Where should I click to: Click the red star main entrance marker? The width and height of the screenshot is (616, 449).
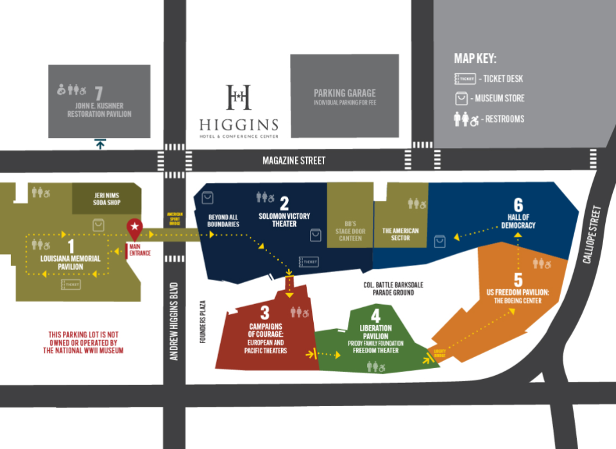pyautogui.click(x=135, y=226)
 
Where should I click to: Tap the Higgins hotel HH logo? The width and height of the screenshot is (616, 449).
pyautogui.click(x=238, y=97)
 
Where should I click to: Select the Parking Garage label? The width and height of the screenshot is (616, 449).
pyautogui.click(x=345, y=93)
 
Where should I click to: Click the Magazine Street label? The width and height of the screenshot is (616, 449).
pyautogui.click(x=295, y=160)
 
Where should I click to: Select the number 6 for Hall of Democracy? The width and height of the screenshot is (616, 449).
pyautogui.click(x=518, y=205)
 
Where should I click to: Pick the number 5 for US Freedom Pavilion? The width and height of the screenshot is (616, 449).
pyautogui.click(x=518, y=280)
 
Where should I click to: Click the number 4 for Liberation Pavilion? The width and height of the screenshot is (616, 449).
pyautogui.click(x=375, y=316)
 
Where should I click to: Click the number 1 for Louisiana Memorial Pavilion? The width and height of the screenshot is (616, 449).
pyautogui.click(x=71, y=246)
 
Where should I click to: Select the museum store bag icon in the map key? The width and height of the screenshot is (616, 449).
pyautogui.click(x=461, y=99)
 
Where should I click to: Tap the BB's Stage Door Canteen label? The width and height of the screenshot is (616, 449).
pyautogui.click(x=350, y=231)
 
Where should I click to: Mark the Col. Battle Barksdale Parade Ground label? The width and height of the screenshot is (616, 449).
pyautogui.click(x=393, y=289)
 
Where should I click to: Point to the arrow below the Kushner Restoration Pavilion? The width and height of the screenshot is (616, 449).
pyautogui.click(x=100, y=144)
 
